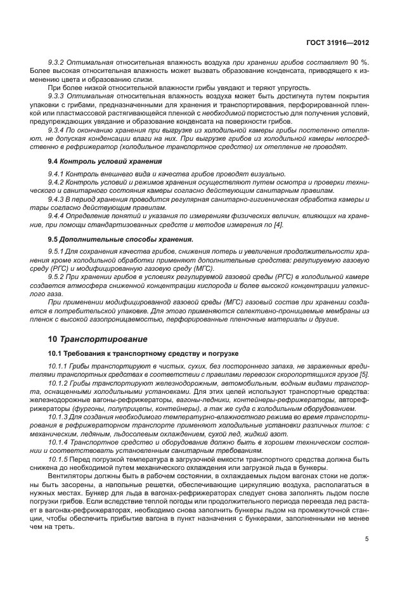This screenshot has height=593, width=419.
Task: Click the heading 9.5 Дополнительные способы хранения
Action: [x=120, y=239]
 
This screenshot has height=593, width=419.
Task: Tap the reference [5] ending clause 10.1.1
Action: [x=364, y=374]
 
